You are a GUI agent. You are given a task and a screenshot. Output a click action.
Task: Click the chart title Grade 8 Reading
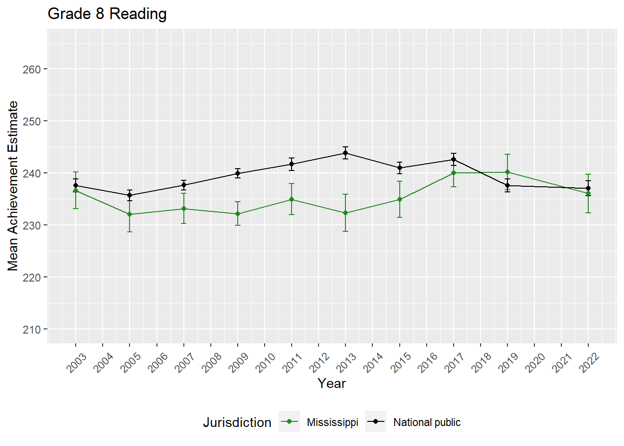tap(107, 14)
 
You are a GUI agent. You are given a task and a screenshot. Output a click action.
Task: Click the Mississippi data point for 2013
tap(345, 213)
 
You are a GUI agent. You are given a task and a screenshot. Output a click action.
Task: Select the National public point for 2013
tap(345, 153)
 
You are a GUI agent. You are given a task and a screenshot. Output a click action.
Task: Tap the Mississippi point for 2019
tap(507, 172)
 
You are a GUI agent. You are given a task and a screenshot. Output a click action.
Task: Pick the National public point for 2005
tap(130, 195)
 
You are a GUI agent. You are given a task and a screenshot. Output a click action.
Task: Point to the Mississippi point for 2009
tap(238, 214)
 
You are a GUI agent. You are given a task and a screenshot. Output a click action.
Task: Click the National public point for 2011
tap(292, 164)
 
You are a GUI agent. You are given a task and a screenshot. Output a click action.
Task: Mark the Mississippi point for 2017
tap(454, 173)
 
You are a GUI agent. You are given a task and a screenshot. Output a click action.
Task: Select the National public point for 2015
tap(400, 168)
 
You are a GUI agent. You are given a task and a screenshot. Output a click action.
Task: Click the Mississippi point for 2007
tap(184, 209)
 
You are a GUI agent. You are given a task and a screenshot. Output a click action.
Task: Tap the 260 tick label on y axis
tap(32, 69)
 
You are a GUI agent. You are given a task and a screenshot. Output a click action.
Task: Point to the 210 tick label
tap(32, 329)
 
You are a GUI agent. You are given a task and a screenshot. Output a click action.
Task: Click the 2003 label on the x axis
tap(77, 363)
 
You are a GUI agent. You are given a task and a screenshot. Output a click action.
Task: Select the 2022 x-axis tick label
tap(589, 363)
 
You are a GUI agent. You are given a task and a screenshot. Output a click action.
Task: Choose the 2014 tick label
tap(373, 363)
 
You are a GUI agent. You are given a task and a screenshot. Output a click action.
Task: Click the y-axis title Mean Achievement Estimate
tap(13, 186)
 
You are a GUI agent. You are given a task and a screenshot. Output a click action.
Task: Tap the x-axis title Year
tap(331, 384)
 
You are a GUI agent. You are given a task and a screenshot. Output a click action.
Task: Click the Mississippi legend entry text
tap(332, 422)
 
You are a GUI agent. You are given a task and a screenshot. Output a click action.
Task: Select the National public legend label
tap(427, 422)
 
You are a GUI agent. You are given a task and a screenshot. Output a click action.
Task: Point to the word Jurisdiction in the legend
tap(237, 422)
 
